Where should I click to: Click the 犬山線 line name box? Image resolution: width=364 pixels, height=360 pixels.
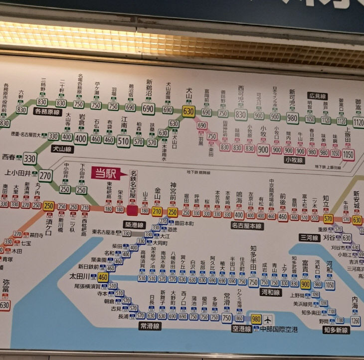[62, 149]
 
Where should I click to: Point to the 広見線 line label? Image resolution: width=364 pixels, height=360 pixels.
[318, 96]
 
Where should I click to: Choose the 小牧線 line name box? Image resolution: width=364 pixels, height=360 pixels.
[294, 160]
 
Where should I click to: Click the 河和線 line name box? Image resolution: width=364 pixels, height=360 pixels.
[270, 293]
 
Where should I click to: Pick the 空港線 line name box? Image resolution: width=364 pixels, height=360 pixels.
[241, 329]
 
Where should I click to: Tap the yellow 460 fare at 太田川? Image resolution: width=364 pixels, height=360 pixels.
[103, 277]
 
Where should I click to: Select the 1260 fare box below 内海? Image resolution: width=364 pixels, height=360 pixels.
[355, 321]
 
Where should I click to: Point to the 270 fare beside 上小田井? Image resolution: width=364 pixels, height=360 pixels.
[46, 175]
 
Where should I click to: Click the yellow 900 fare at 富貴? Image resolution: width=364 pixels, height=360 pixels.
[306, 284]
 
